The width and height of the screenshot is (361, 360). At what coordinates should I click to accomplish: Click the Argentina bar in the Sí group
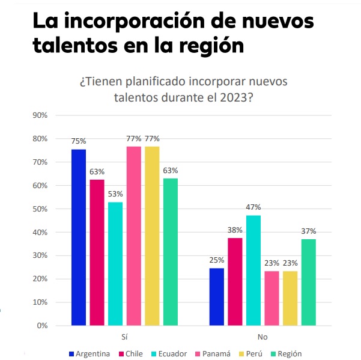(x=78, y=237)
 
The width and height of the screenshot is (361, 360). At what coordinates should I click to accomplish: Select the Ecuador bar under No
(x=253, y=270)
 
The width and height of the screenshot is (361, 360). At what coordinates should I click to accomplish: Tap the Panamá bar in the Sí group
(x=133, y=236)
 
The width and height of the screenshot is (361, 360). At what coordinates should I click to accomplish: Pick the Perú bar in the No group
(x=290, y=298)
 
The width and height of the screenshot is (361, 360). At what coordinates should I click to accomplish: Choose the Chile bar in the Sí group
(x=97, y=252)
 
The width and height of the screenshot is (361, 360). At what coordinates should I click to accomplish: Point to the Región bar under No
(x=309, y=282)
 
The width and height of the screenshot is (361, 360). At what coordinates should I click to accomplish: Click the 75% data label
(x=79, y=142)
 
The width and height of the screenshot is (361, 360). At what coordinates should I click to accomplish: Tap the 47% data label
(x=253, y=207)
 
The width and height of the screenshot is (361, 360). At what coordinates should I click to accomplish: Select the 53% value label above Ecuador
(x=115, y=194)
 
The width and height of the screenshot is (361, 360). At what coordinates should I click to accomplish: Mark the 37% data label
(x=309, y=231)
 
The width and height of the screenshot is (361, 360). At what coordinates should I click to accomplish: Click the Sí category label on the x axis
(x=124, y=338)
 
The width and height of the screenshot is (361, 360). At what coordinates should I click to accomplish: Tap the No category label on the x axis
(x=262, y=338)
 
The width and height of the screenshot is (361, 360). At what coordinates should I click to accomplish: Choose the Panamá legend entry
(x=213, y=353)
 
